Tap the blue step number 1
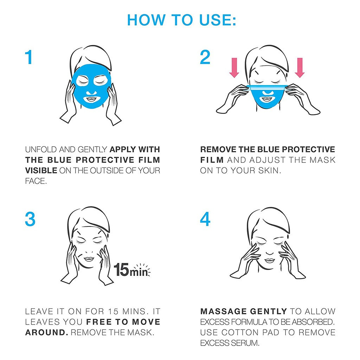[29, 57]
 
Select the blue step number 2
[205, 57]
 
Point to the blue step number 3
[30, 219]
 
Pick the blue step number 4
[205, 219]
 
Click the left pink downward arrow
[234, 67]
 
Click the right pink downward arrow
[300, 67]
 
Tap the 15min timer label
[131, 270]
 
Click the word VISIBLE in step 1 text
[41, 171]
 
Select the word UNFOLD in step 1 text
[41, 149]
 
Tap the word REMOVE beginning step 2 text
[218, 149]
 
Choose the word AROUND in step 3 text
[47, 333]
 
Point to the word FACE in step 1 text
[36, 181]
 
